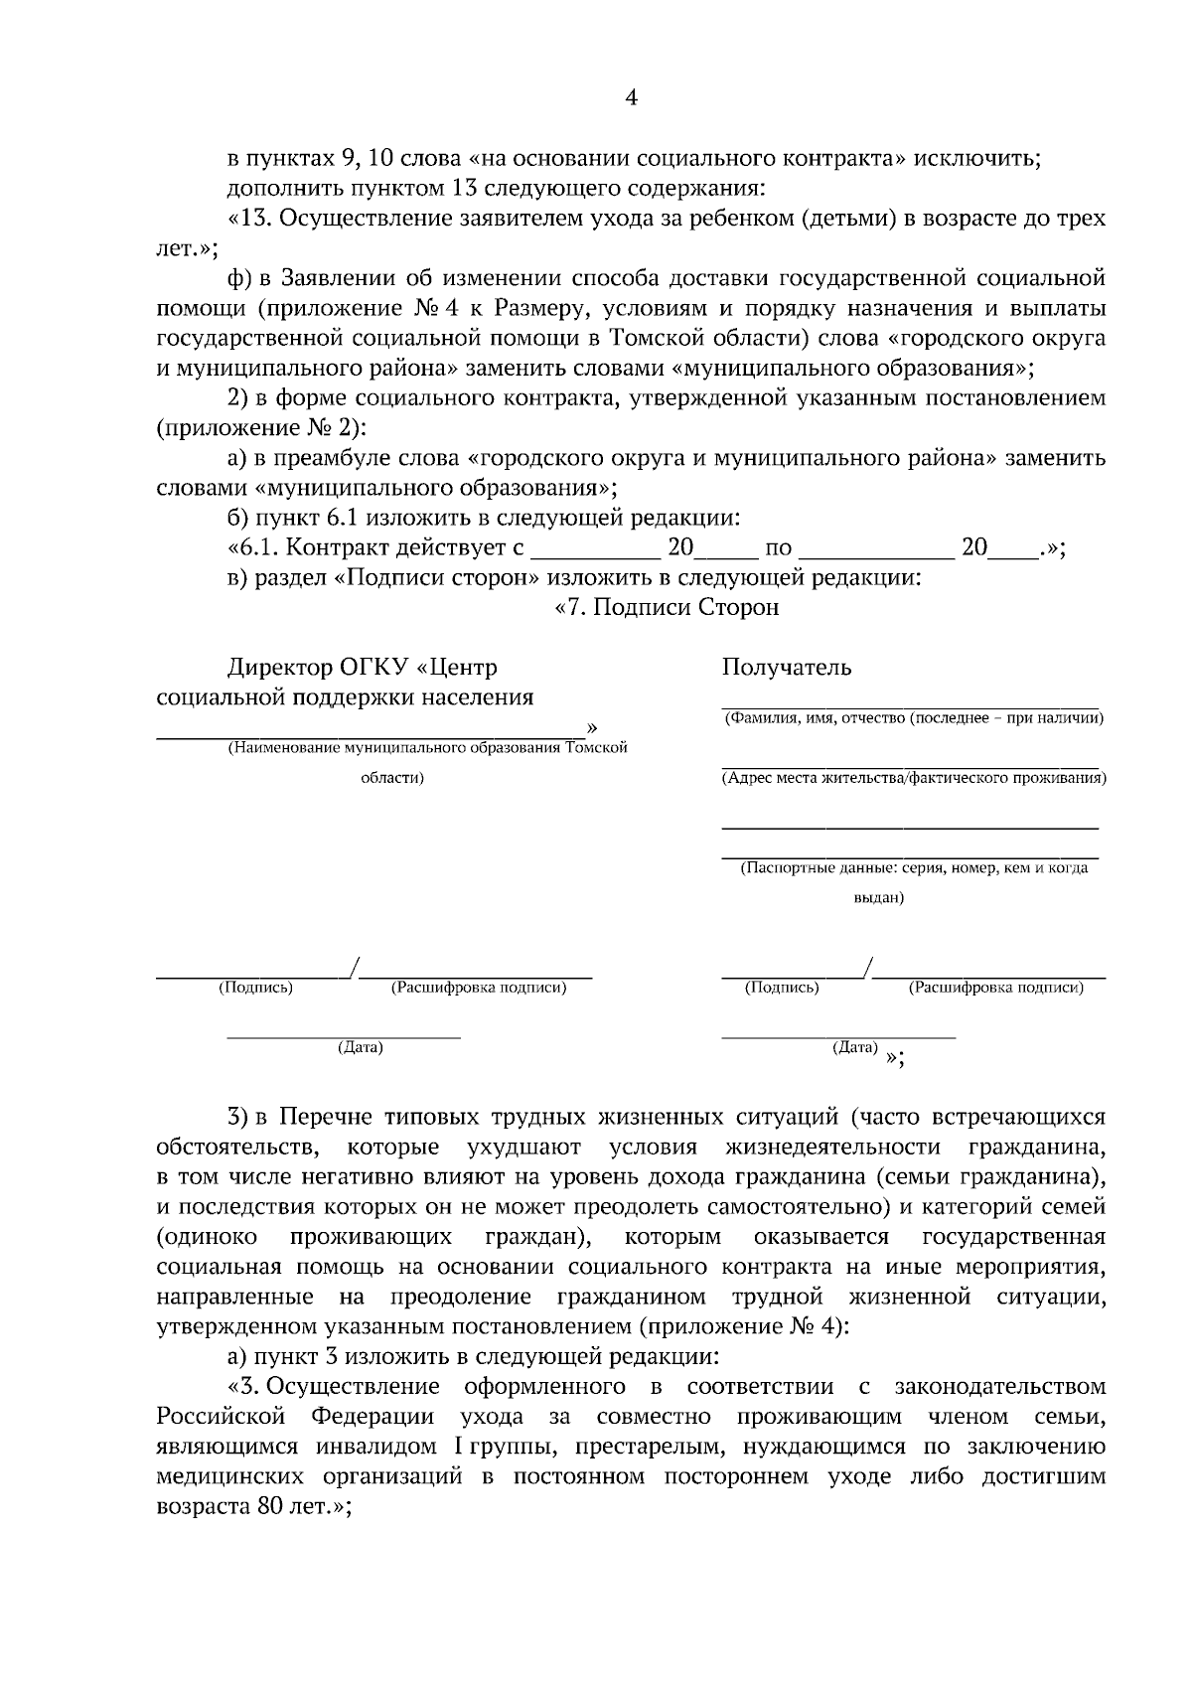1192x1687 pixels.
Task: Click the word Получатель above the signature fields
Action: coord(786,667)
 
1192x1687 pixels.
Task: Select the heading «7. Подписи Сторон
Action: coord(667,607)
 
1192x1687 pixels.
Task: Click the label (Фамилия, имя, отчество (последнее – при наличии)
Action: coord(913,718)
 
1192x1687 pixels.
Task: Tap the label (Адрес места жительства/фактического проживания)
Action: coord(913,778)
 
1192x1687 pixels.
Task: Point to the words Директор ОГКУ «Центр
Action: coord(363,667)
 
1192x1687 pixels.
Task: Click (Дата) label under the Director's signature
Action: coord(360,1047)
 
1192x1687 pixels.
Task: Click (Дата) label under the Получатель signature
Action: coord(855,1047)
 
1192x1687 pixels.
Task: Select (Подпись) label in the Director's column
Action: coord(255,988)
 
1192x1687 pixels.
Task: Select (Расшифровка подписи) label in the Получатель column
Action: coord(996,988)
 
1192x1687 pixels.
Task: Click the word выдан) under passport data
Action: coord(879,897)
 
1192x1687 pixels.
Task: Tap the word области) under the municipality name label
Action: coord(391,778)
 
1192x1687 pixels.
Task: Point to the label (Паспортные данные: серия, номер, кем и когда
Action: coord(914,867)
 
